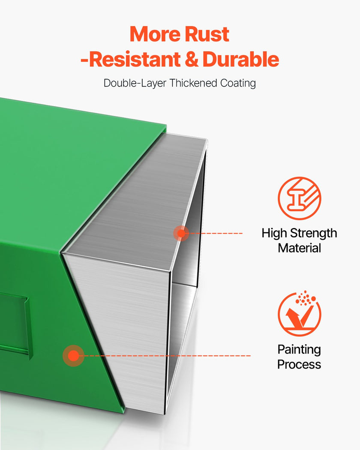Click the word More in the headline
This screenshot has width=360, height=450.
(155, 34)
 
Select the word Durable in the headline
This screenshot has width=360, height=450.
(241, 59)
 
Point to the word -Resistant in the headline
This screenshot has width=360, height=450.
(131, 59)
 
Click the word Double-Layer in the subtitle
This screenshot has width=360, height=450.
(135, 83)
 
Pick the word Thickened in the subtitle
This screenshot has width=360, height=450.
(193, 83)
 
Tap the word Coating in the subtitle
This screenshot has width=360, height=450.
(238, 83)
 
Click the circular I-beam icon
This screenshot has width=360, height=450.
(300, 198)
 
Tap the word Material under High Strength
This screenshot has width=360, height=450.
(300, 248)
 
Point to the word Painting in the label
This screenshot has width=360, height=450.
(299, 350)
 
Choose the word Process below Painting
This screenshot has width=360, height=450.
(299, 364)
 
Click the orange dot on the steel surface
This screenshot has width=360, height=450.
(181, 233)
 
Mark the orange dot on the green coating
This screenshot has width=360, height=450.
(73, 356)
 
